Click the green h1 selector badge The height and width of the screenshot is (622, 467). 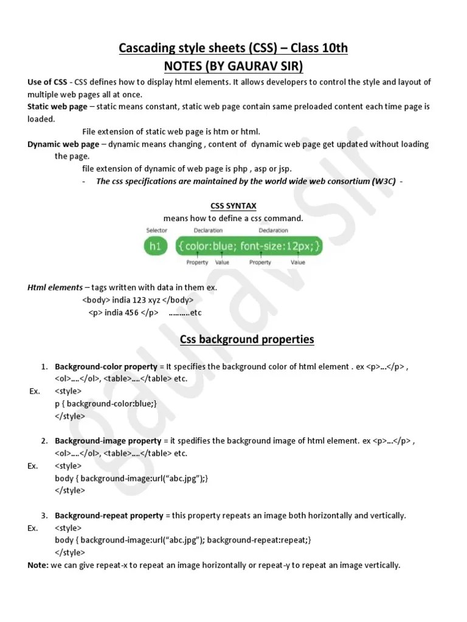pyautogui.click(x=156, y=247)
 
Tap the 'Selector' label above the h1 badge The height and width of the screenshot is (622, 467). pyautogui.click(x=157, y=230)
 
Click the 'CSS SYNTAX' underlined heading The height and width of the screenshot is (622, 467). pyautogui.click(x=233, y=207)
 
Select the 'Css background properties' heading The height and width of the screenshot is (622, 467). pyautogui.click(x=247, y=340)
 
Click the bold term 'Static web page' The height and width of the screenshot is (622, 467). pyautogui.click(x=57, y=106)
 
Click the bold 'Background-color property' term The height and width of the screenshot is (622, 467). pyautogui.click(x=106, y=367)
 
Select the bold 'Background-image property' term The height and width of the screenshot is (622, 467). pyautogui.click(x=108, y=441)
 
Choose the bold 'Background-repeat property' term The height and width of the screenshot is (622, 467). pyautogui.click(x=109, y=516)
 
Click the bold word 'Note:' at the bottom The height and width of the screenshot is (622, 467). pyautogui.click(x=38, y=566)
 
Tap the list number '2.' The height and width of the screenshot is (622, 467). pyautogui.click(x=45, y=441)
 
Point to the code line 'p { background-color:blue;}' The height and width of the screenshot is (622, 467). pyautogui.click(x=106, y=404)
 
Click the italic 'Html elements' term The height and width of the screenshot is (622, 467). pyautogui.click(x=55, y=287)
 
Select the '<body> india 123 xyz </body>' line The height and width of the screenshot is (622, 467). pyautogui.click(x=138, y=300)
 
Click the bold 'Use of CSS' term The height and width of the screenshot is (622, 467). pyautogui.click(x=47, y=82)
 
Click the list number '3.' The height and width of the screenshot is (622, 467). pyautogui.click(x=45, y=516)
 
